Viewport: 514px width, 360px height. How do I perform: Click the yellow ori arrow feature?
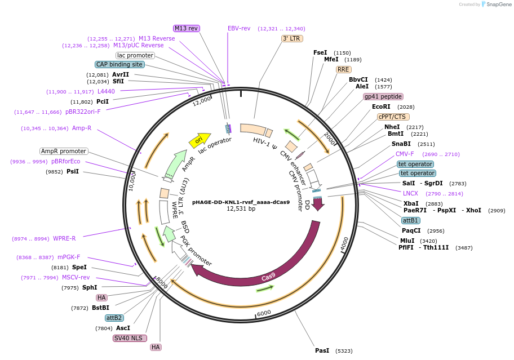coord(200,140)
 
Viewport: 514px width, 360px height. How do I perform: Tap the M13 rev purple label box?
coord(186,28)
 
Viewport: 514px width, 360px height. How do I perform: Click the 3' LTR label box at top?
coord(291,38)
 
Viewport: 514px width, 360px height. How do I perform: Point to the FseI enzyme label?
coord(320,52)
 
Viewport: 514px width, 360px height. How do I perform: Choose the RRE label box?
coord(343,69)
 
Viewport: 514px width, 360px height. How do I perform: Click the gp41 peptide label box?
coord(383,96)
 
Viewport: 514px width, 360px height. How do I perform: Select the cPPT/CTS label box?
coord(393,117)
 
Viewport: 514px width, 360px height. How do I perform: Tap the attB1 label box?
coord(410,220)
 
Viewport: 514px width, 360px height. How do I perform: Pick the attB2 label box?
coord(114,318)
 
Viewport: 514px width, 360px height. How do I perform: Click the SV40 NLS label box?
coord(130,338)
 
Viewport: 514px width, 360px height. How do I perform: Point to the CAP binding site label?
coord(119,64)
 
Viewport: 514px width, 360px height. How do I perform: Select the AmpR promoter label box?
coord(64,151)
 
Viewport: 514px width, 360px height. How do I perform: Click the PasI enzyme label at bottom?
coord(322,350)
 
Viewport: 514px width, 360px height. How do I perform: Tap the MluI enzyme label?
coord(407,241)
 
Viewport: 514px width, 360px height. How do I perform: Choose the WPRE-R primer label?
coord(64,238)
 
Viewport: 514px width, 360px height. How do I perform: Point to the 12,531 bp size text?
coord(241,208)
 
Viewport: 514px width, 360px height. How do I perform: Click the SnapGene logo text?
coord(498,5)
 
